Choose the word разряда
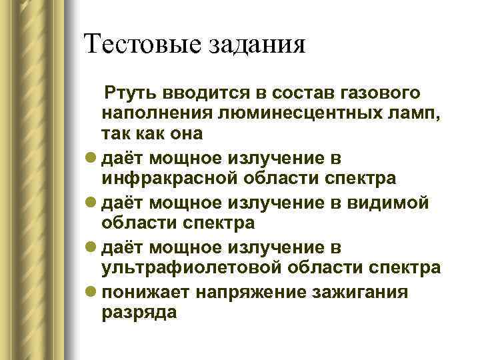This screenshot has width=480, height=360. click(x=139, y=311)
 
